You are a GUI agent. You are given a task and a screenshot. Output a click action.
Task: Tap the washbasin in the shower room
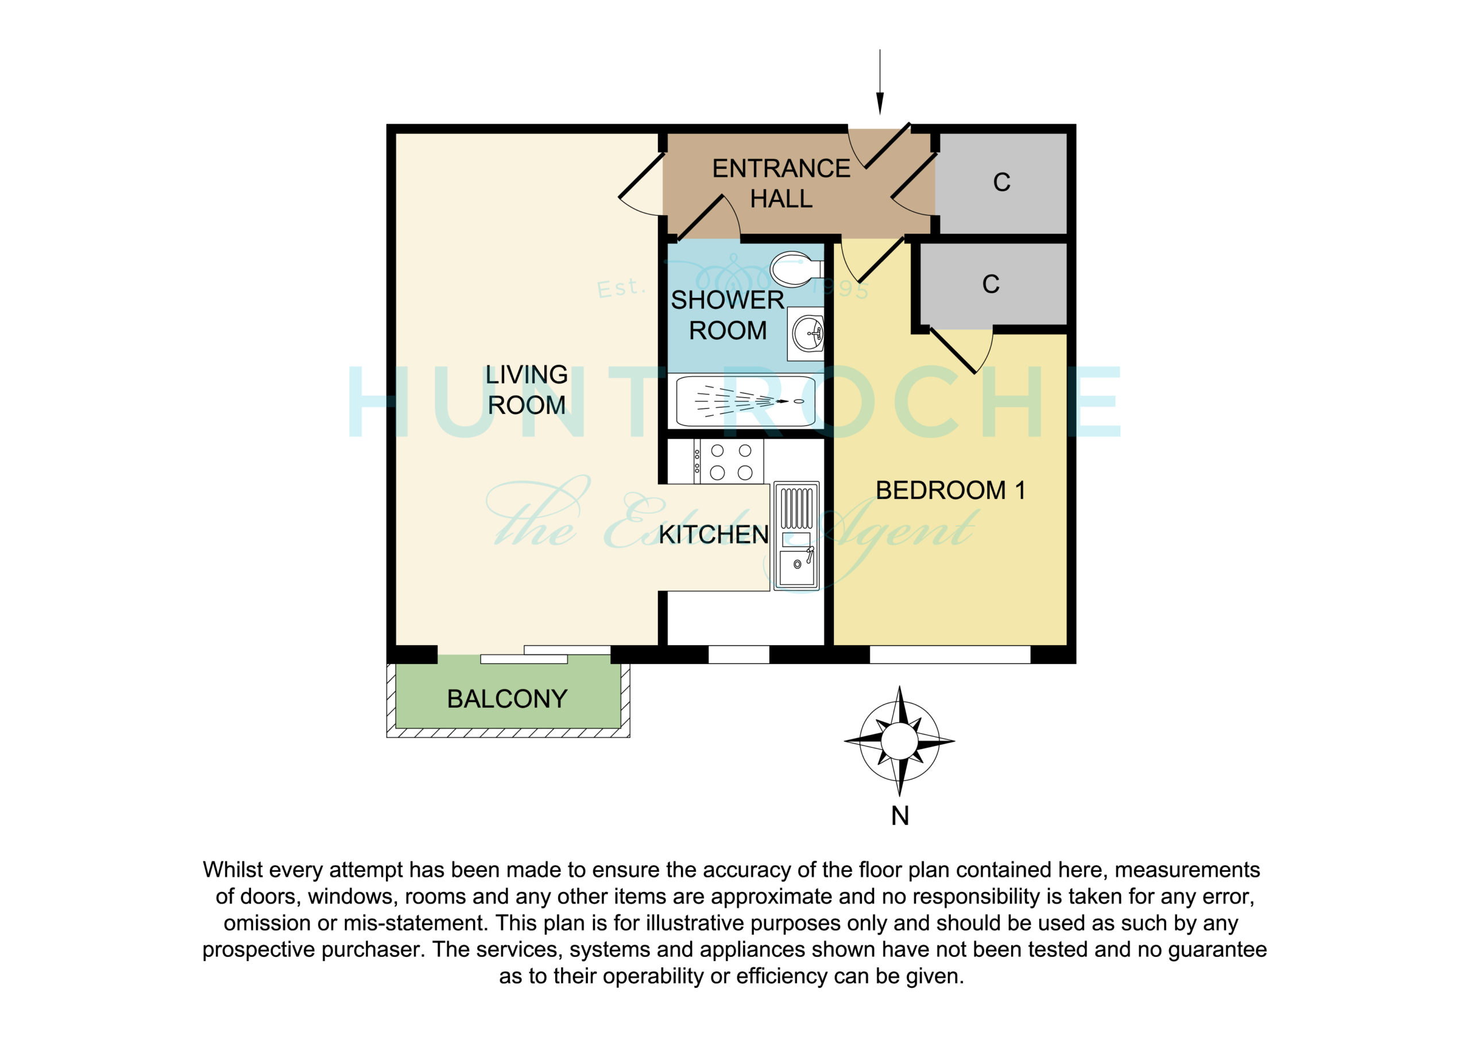[x=806, y=333]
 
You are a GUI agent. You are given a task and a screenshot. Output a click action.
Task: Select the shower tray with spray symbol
[x=746, y=401]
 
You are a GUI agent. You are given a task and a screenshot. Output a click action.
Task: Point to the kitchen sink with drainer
[x=796, y=536]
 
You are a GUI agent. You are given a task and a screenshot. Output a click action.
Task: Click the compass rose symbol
[x=900, y=741]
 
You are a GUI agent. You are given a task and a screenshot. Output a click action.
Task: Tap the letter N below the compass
[x=900, y=816]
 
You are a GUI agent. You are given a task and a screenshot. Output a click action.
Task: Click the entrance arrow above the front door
[x=880, y=82]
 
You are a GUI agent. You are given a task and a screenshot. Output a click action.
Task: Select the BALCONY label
[x=507, y=699]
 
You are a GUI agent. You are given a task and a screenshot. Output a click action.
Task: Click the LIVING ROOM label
[x=527, y=390]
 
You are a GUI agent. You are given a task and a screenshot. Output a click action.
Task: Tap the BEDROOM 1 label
[x=951, y=490]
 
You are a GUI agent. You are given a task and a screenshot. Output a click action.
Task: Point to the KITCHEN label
[x=713, y=534]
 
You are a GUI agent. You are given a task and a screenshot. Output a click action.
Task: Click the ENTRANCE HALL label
[x=781, y=184]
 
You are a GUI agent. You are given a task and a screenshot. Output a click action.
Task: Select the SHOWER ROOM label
[x=728, y=315]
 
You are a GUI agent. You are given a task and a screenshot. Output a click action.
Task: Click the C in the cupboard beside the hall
[x=1002, y=183]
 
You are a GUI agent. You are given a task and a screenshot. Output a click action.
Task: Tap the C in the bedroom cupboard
[x=991, y=284]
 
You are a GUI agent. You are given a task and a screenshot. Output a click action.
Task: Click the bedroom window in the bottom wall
[x=950, y=654]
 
